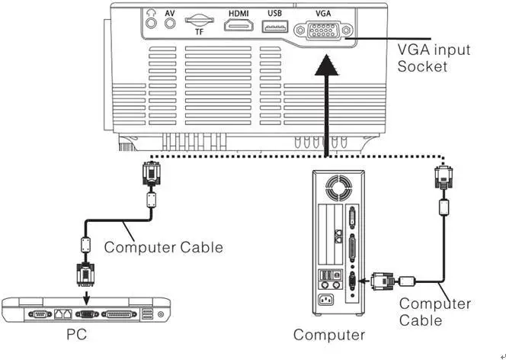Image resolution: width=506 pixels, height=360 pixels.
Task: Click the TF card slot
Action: pyautogui.click(x=199, y=20)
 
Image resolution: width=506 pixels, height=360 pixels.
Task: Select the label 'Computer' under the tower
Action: pyautogui.click(x=329, y=335)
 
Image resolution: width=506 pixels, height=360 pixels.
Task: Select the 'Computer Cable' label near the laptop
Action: pyautogui.click(x=164, y=247)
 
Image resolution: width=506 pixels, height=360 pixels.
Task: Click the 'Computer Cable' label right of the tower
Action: pyautogui.click(x=435, y=312)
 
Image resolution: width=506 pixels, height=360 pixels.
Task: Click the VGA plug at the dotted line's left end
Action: pyautogui.click(x=150, y=177)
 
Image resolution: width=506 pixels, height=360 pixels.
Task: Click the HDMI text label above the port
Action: pyautogui.click(x=238, y=13)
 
